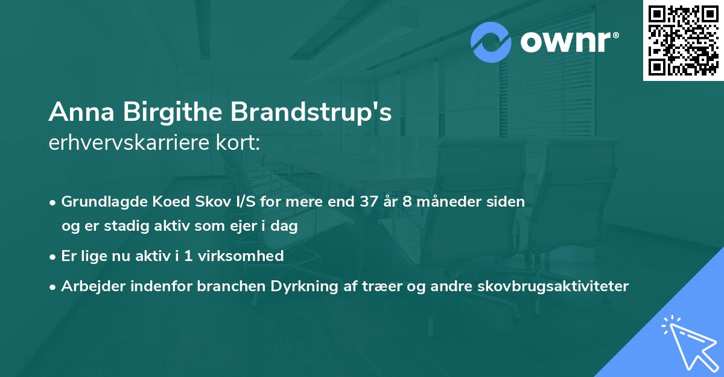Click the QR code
[x=683, y=40]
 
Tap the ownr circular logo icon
[x=491, y=42]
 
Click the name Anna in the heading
[x=80, y=112]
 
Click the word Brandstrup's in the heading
[x=310, y=112]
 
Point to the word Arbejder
[x=88, y=286]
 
